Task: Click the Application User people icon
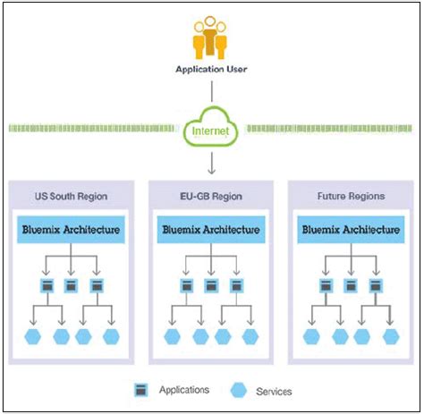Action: click(x=211, y=37)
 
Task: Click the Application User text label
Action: click(x=211, y=69)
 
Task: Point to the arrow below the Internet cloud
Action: click(x=212, y=163)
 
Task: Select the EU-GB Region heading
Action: click(x=210, y=195)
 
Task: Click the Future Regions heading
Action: click(x=351, y=195)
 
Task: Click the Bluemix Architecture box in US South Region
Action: click(x=72, y=230)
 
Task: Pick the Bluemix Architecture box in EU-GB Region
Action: click(x=211, y=230)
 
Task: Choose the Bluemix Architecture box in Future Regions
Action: click(x=352, y=230)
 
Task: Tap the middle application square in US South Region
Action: click(x=72, y=286)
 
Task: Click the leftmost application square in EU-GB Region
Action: click(x=187, y=286)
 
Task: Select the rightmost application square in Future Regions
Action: click(x=377, y=286)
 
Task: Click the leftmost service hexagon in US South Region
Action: click(x=35, y=336)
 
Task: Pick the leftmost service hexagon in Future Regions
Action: click(x=311, y=336)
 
